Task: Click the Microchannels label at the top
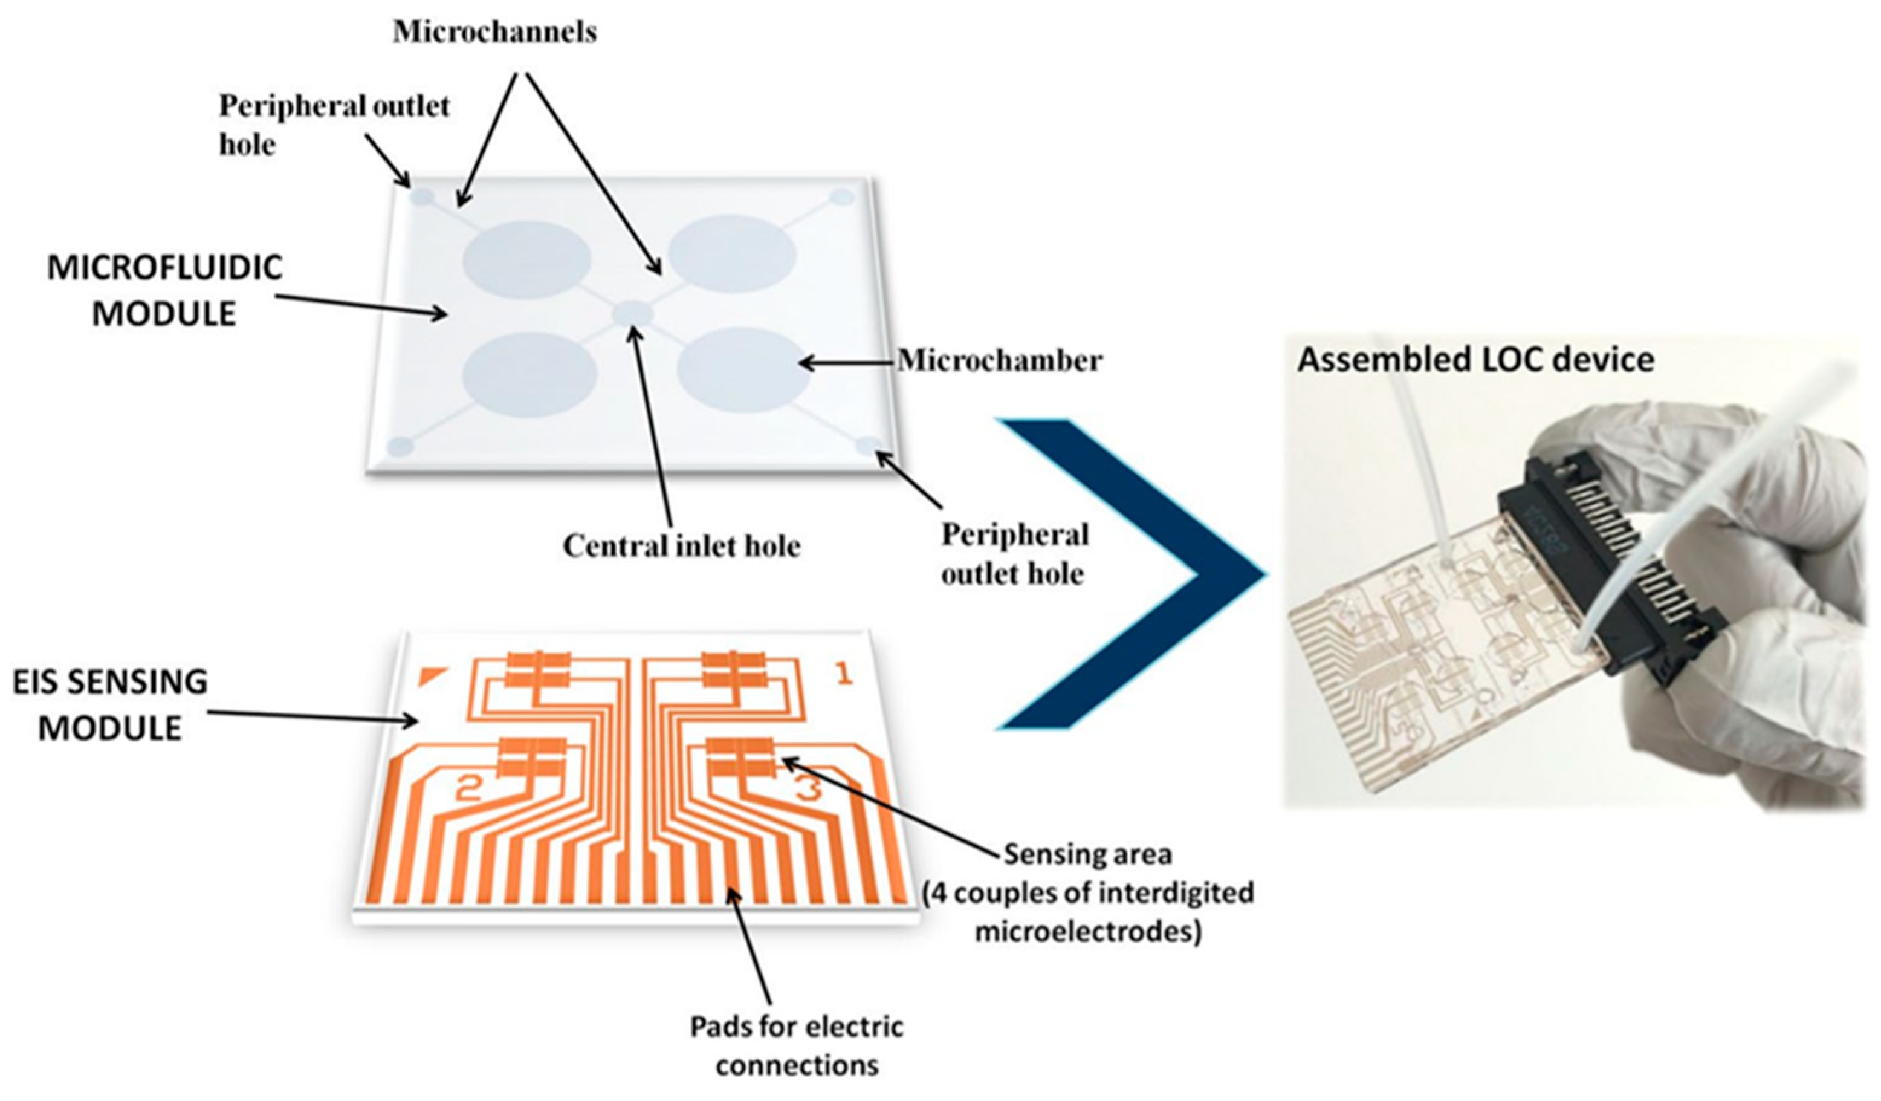click(x=495, y=32)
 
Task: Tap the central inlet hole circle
click(x=633, y=314)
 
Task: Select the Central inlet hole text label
click(x=681, y=545)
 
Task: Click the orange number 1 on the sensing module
click(x=843, y=675)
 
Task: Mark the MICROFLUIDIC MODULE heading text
click(x=164, y=290)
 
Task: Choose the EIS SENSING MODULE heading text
click(x=110, y=704)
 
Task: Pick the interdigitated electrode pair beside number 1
click(x=734, y=669)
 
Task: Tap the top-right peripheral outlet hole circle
click(x=843, y=197)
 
